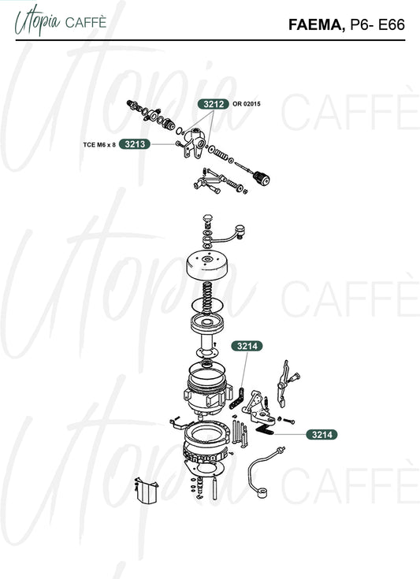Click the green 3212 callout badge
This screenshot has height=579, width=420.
(x=213, y=104)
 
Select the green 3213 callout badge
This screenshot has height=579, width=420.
(x=135, y=144)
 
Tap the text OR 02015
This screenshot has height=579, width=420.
(x=247, y=104)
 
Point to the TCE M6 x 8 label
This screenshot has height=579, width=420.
(x=99, y=145)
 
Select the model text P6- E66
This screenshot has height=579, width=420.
(x=377, y=24)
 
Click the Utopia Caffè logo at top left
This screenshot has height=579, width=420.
(x=61, y=21)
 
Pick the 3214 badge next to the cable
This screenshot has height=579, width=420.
(x=322, y=435)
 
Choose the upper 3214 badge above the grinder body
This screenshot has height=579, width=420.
(x=247, y=346)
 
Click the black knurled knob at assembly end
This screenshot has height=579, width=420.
(x=261, y=179)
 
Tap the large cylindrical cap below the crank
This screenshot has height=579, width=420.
(x=207, y=265)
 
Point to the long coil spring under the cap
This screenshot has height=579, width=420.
(x=207, y=298)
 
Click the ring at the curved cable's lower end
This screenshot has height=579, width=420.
(x=262, y=493)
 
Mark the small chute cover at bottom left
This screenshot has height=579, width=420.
(x=147, y=491)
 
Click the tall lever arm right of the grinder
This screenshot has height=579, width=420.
(x=284, y=384)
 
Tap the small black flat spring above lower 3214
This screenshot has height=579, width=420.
(x=265, y=429)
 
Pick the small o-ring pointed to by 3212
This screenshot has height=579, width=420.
(x=180, y=131)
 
